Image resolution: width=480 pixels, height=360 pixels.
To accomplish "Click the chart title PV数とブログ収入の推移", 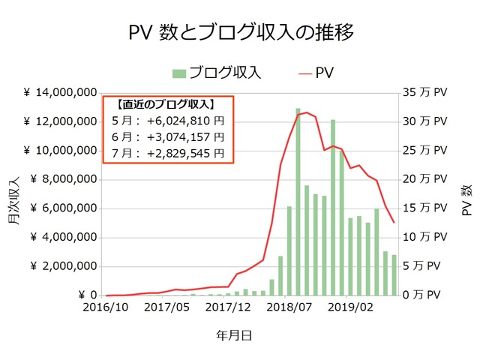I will (240, 33).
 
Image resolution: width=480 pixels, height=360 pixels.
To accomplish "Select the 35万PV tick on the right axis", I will (424, 93).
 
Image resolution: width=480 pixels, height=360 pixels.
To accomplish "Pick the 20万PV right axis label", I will (424, 180).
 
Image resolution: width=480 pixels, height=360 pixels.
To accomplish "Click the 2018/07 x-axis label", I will (289, 307).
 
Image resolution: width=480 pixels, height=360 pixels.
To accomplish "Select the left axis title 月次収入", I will (14, 199).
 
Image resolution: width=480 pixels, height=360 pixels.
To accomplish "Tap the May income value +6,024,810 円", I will (180, 120).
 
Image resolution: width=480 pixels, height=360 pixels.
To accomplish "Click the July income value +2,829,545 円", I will (180, 153).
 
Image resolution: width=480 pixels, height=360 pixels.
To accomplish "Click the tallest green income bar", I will (298, 202).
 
